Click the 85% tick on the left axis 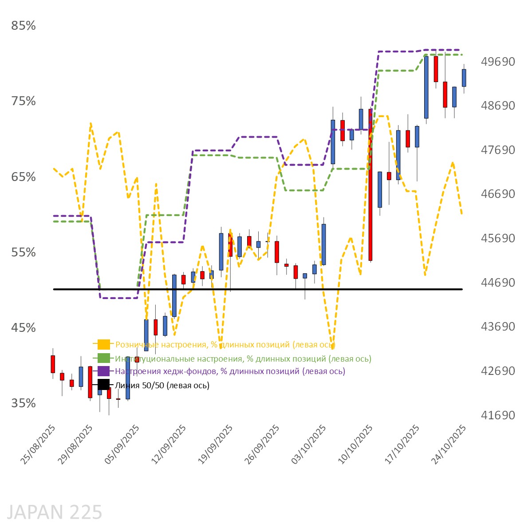coord(23,26)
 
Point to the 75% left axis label coord(23,101)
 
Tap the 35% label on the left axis coord(23,403)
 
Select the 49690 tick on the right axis coord(498,61)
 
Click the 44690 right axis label coord(498,282)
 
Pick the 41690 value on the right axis coord(498,415)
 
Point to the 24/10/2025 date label coord(449,444)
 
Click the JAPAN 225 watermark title coord(55,512)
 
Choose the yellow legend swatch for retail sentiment coord(104,344)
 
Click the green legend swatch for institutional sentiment coord(104,358)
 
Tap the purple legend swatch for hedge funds coord(104,371)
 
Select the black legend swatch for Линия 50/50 coord(104,385)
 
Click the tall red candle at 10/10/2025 coord(370,184)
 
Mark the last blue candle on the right coord(464,78)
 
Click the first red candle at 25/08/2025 coord(53,364)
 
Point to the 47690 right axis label coord(498,150)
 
